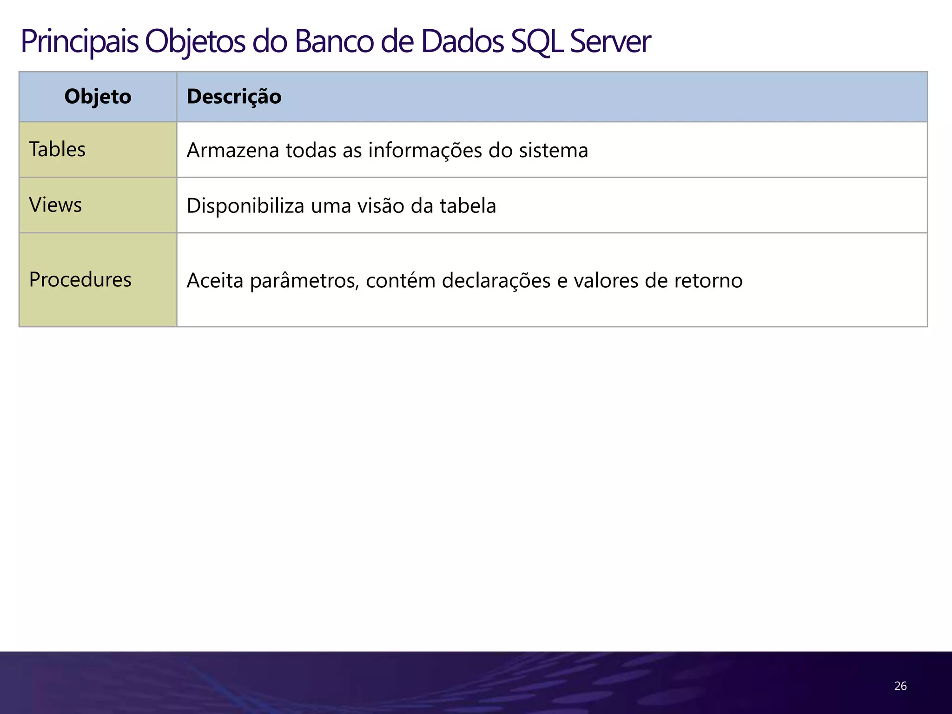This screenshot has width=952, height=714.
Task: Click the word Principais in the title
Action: tap(79, 42)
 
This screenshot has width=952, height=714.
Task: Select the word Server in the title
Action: tap(610, 42)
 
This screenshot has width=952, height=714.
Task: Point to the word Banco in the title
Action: tap(334, 42)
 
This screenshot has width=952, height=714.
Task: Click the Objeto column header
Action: tap(98, 97)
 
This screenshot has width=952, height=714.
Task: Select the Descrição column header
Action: tap(234, 97)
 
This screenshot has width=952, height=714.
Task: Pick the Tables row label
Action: tap(57, 149)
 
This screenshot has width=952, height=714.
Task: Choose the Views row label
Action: tap(55, 205)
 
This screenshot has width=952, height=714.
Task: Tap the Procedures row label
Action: tap(80, 280)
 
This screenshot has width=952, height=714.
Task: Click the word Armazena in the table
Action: tap(232, 151)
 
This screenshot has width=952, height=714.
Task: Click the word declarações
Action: tap(496, 281)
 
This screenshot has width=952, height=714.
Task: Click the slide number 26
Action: tap(900, 686)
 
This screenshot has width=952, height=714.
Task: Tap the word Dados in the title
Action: tap(463, 42)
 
